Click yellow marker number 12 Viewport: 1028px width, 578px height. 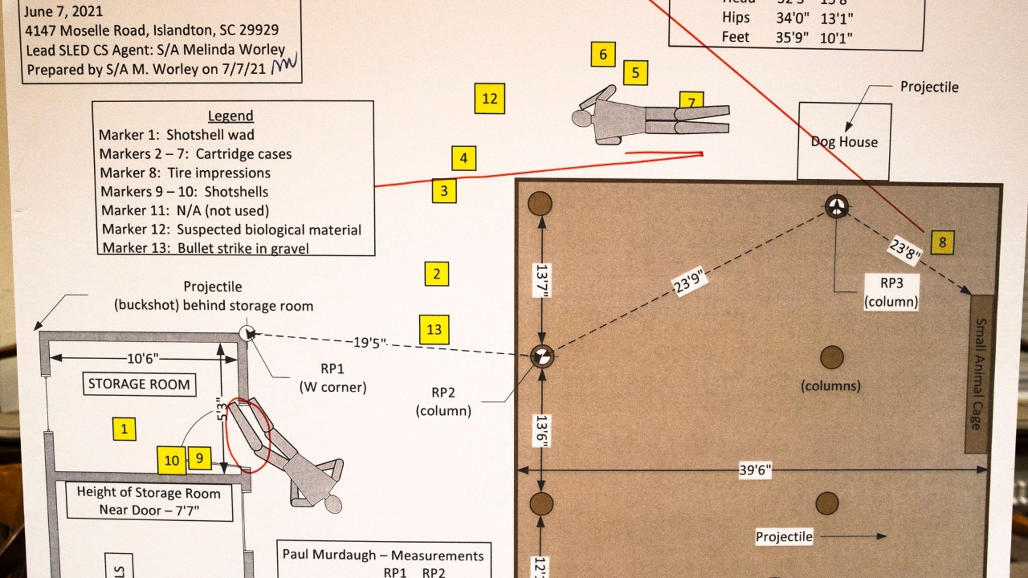(x=489, y=98)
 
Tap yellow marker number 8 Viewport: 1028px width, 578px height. (x=942, y=242)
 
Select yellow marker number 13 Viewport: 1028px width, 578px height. (x=434, y=329)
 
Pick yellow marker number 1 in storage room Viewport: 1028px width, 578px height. (x=124, y=429)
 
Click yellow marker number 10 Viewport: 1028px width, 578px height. (x=171, y=460)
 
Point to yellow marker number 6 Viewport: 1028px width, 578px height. (x=603, y=54)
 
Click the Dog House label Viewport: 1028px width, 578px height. (x=844, y=142)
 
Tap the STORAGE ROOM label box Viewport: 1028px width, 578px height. (x=139, y=384)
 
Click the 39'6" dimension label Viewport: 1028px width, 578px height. (x=755, y=470)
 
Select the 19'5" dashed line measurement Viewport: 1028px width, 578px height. (x=369, y=343)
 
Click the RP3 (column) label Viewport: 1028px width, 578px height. (x=891, y=292)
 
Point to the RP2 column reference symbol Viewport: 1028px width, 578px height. (x=542, y=356)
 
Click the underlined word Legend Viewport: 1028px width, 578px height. (x=230, y=116)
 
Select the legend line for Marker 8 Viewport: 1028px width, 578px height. (x=185, y=173)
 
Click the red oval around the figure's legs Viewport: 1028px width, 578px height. (x=247, y=435)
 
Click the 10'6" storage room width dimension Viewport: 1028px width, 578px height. (x=142, y=358)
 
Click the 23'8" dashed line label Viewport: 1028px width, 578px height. (x=905, y=249)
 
